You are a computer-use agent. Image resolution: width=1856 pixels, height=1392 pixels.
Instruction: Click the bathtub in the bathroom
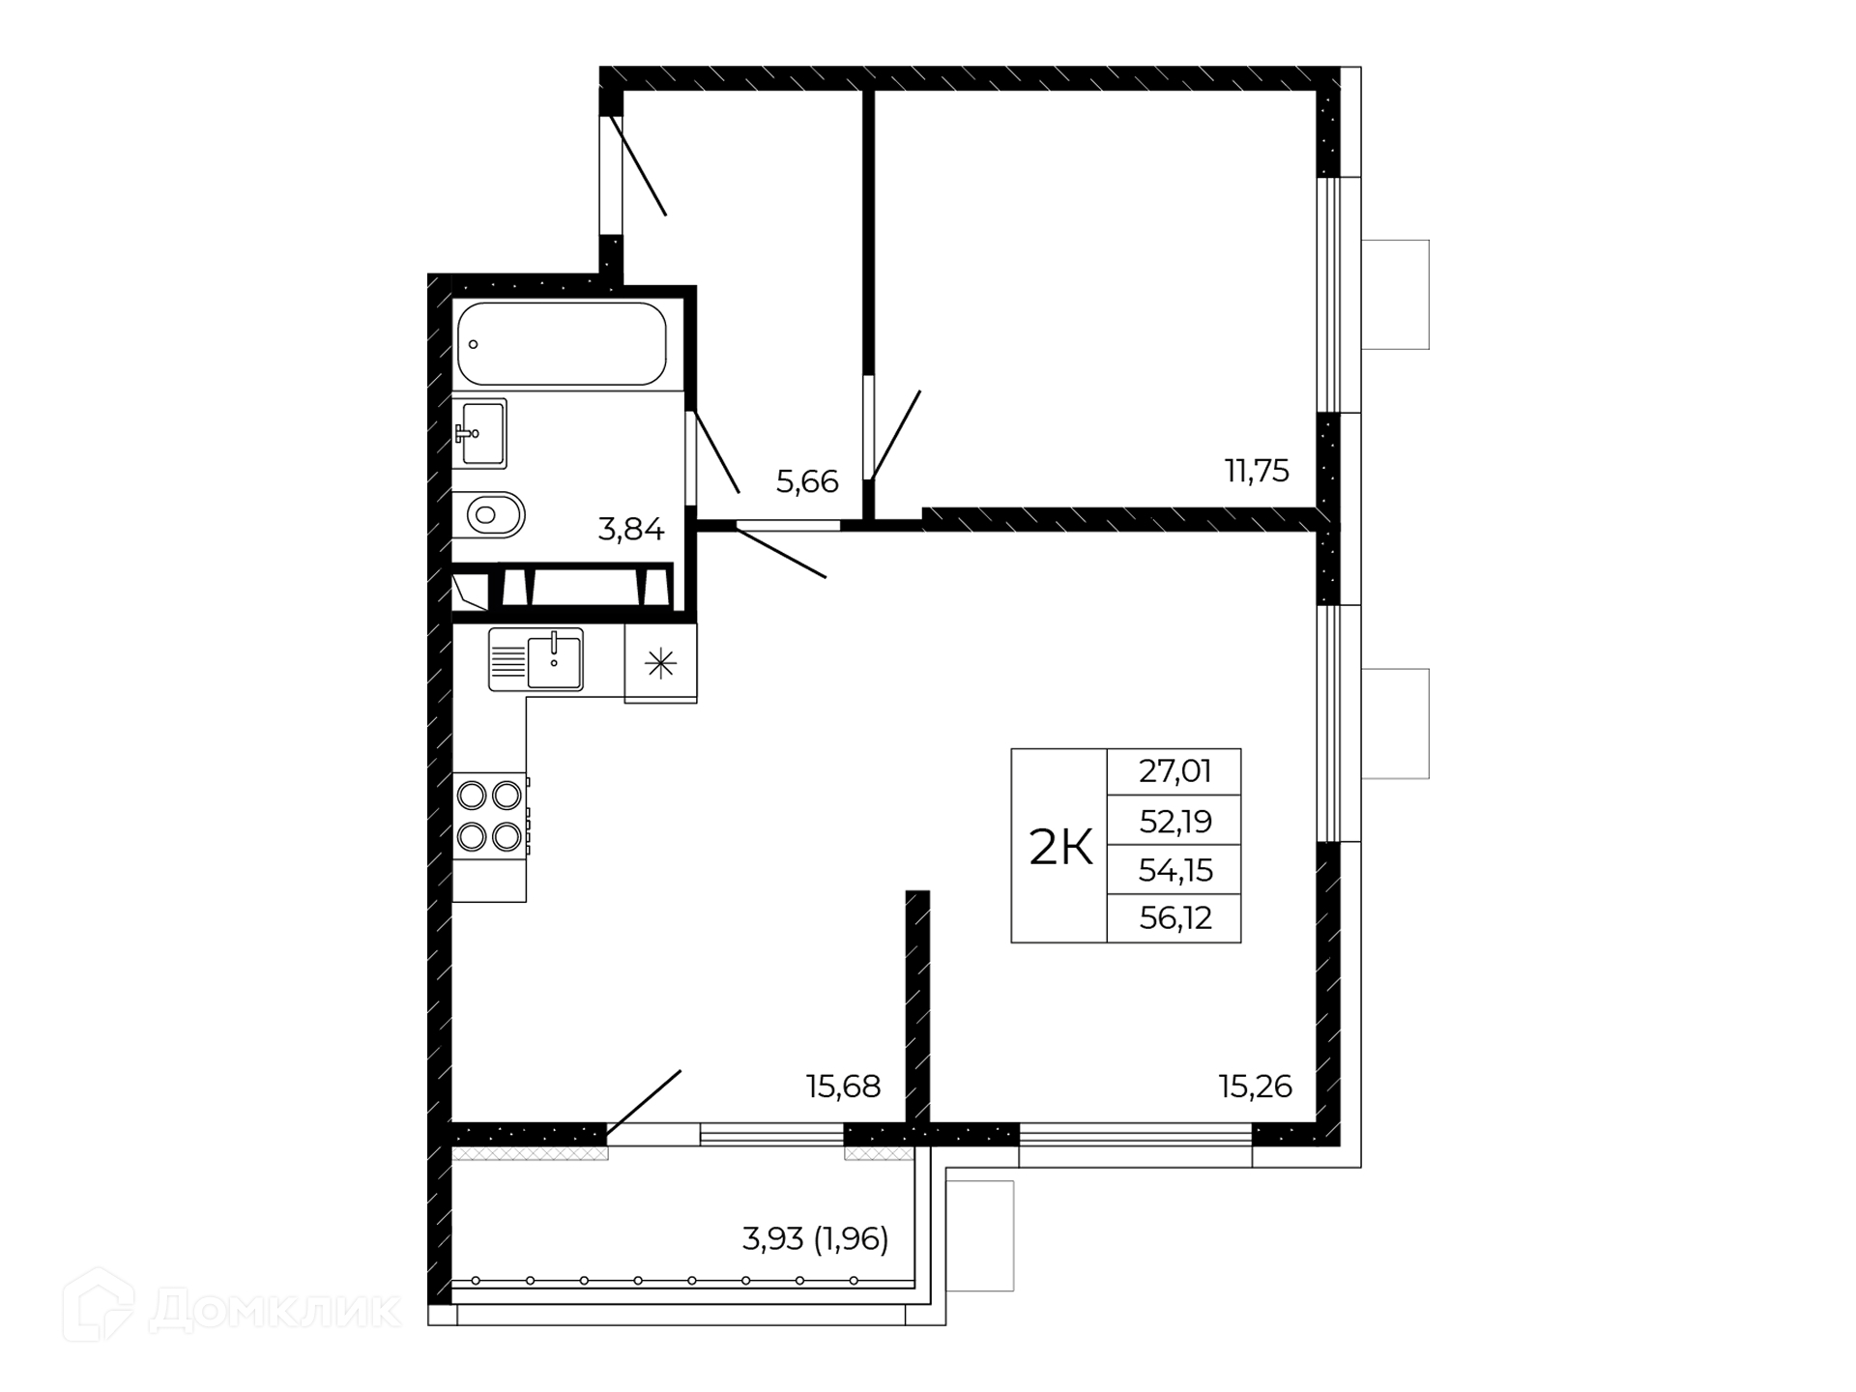(562, 344)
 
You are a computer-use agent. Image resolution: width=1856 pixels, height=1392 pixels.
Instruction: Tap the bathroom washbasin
(480, 433)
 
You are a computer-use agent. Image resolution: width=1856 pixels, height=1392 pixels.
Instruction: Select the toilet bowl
(489, 514)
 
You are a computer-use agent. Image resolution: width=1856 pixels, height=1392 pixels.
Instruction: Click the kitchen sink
(536, 659)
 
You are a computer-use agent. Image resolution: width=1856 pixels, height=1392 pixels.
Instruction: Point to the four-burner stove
(490, 816)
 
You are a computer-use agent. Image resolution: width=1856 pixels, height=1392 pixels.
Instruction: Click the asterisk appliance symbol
(660, 663)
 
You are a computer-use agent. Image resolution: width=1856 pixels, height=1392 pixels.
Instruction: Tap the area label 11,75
(1257, 471)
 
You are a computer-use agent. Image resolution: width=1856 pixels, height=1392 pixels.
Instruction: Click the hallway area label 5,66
(807, 481)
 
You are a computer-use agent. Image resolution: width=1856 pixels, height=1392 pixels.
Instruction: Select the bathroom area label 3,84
(631, 530)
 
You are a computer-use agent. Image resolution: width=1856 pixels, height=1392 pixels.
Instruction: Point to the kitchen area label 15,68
(844, 1087)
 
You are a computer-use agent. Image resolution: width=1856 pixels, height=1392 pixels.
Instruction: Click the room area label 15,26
(1256, 1087)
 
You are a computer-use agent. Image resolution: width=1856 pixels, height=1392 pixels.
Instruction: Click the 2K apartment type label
(1060, 848)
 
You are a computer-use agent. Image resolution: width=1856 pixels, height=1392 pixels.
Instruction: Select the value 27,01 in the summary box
(1175, 771)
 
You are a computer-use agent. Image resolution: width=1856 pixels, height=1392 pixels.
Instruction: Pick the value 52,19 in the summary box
(1175, 822)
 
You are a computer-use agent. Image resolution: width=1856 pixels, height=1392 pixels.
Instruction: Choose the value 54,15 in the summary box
(1175, 871)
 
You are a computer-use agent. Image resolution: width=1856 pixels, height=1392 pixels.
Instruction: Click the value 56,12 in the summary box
(1175, 917)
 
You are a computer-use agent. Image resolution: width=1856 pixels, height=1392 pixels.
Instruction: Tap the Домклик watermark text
(275, 1311)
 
